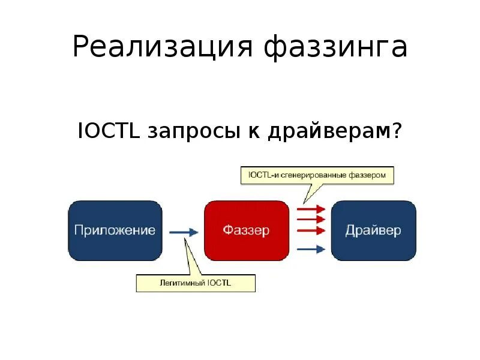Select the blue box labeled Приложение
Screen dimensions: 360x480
(115, 230)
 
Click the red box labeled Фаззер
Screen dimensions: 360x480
(247, 230)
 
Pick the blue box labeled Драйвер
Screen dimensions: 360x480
(373, 230)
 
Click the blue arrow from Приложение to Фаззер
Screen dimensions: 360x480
(183, 232)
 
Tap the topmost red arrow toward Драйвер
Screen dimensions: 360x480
(311, 209)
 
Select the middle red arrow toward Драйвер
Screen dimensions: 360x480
(311, 220)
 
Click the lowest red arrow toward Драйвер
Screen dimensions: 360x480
(311, 230)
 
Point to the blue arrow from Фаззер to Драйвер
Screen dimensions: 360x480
(311, 249)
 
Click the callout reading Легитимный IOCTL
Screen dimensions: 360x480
(196, 282)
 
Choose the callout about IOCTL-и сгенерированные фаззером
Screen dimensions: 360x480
(317, 175)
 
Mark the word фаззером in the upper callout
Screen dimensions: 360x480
(376, 175)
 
